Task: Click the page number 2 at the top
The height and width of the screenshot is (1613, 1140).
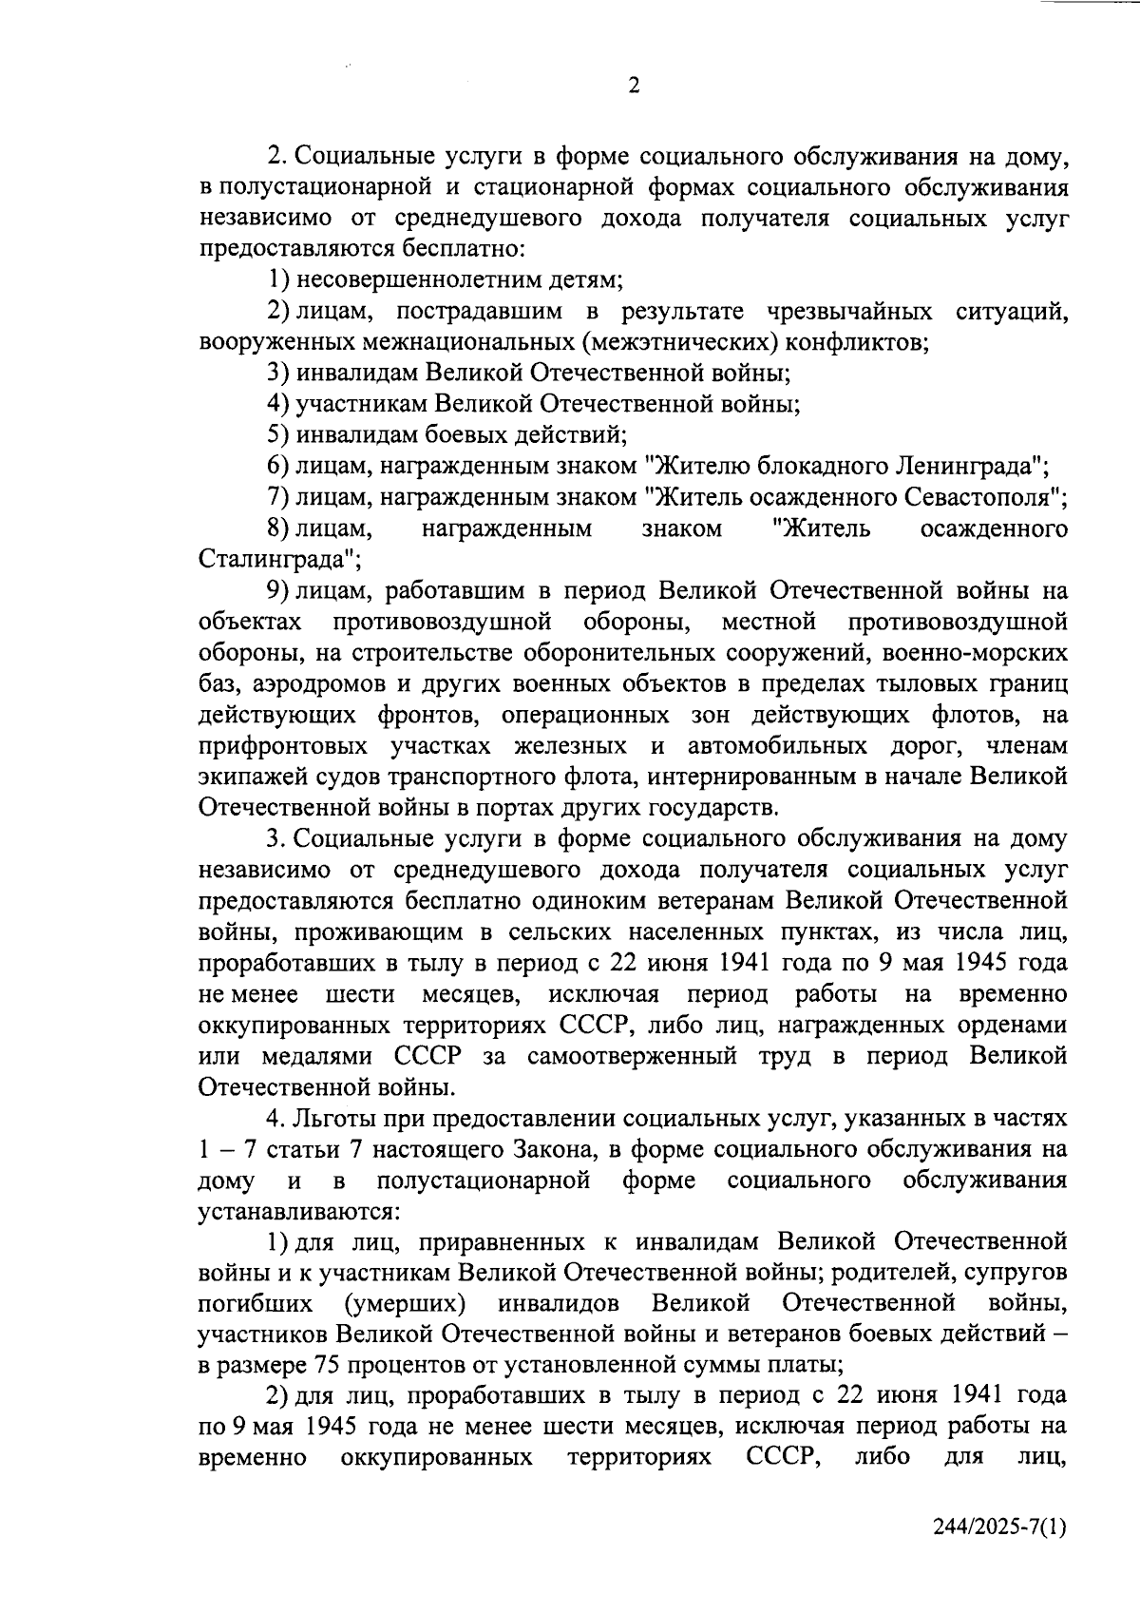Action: tap(634, 86)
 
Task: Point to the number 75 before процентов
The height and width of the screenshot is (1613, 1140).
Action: tap(320, 1365)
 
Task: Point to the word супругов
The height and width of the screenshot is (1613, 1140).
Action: tap(1016, 1271)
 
